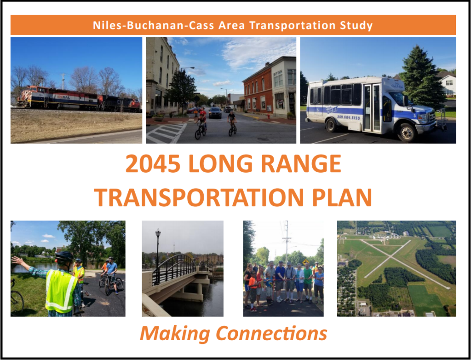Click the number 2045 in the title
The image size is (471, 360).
(153, 164)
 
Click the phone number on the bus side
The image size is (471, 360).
(348, 118)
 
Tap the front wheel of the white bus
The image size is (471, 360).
(406, 133)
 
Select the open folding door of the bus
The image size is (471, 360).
(372, 108)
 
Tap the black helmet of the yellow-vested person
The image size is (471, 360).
(64, 256)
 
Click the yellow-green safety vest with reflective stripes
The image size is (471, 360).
(61, 290)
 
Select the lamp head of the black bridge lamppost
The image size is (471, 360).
(158, 232)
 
